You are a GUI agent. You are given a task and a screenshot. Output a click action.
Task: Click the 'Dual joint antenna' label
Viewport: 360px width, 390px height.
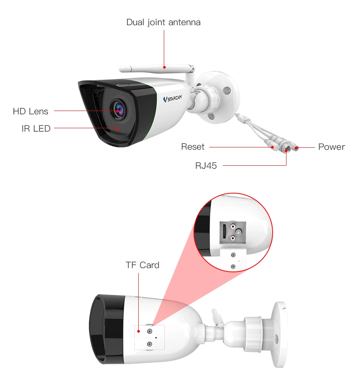click(x=163, y=22)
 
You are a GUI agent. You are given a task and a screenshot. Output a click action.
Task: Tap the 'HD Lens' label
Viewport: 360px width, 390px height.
click(x=30, y=111)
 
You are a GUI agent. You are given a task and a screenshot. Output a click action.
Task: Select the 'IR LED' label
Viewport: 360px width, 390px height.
click(x=36, y=129)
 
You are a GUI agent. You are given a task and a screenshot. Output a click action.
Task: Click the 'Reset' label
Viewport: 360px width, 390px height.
click(x=193, y=147)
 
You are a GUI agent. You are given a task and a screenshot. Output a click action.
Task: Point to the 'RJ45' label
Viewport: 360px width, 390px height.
click(x=206, y=165)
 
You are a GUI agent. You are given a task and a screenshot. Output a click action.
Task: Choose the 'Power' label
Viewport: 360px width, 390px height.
click(x=331, y=147)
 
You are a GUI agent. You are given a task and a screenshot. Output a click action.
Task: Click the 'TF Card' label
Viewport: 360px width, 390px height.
click(x=142, y=265)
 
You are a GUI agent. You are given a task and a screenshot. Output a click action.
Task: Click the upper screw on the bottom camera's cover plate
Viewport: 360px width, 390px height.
click(x=150, y=331)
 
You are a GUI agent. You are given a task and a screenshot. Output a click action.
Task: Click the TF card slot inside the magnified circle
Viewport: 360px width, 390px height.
click(x=224, y=232)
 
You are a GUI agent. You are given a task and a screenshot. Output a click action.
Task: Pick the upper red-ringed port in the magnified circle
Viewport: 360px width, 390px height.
click(x=234, y=226)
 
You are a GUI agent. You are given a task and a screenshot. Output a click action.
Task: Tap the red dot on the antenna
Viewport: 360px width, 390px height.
click(x=164, y=67)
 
